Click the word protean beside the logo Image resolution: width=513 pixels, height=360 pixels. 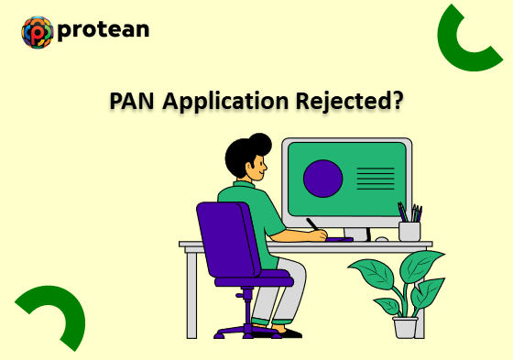[x=103, y=30]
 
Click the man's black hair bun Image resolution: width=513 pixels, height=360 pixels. [x=260, y=144]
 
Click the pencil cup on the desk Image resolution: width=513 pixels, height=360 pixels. [x=409, y=230]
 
